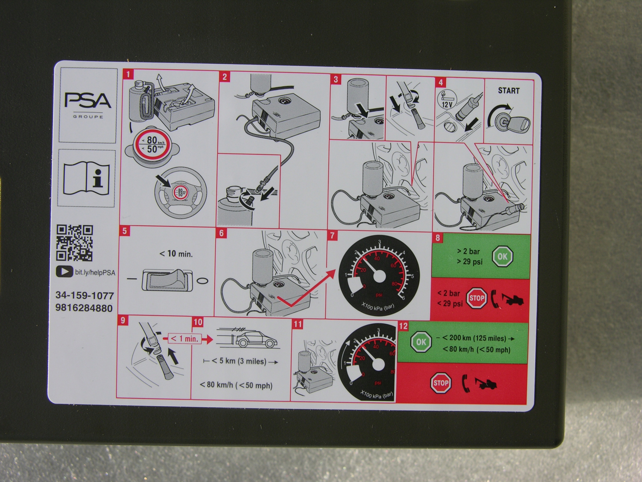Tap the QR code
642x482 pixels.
click(74, 243)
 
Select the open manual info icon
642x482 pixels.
click(86, 178)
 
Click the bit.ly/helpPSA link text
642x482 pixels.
click(95, 273)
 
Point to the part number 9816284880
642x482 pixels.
click(84, 308)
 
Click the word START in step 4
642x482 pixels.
click(509, 91)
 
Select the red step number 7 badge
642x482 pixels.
click(332, 235)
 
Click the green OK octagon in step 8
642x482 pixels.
click(502, 256)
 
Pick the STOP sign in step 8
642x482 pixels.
click(476, 298)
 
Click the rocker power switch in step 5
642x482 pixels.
click(167, 280)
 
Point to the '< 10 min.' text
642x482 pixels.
click(176, 254)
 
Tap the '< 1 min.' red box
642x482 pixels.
click(185, 339)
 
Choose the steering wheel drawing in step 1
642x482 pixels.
click(180, 193)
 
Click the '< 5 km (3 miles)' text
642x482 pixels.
click(239, 361)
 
